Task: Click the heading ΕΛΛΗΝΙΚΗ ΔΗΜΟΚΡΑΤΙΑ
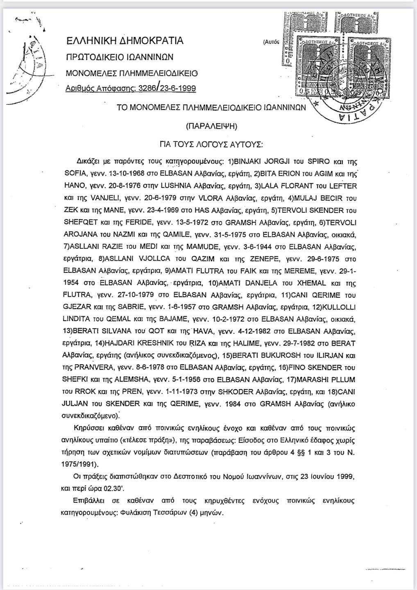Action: click(125, 41)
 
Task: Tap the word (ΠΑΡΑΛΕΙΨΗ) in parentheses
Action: click(211, 126)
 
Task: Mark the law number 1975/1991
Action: click(82, 465)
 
